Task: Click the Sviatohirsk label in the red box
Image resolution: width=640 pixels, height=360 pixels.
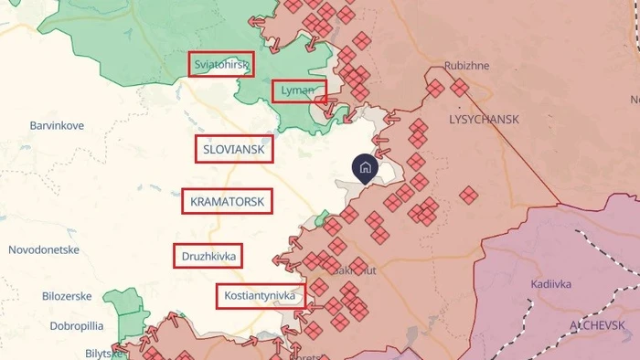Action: (221, 65)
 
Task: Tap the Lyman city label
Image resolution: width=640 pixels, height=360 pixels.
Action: (298, 90)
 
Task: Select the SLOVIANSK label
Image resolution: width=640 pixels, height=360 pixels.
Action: (234, 149)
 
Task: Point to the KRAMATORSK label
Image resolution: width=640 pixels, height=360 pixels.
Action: (227, 201)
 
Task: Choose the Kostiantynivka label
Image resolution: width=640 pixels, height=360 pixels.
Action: (261, 296)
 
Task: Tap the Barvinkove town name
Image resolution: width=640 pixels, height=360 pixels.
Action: (57, 125)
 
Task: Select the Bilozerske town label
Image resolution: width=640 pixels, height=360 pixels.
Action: (68, 296)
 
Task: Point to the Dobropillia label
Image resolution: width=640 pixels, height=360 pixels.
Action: (63, 325)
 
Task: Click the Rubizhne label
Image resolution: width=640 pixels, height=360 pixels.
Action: (467, 67)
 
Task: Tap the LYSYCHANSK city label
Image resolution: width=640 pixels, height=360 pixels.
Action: (484, 120)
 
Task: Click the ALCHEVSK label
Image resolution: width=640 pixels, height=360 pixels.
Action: (597, 325)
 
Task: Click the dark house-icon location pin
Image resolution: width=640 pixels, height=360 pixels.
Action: (364, 168)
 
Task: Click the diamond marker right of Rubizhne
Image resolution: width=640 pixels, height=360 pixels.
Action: (459, 87)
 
